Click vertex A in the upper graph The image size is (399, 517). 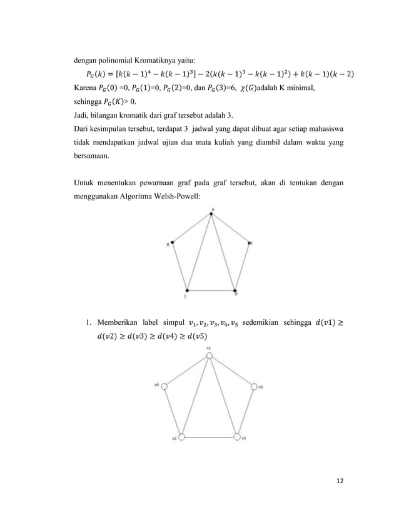212,214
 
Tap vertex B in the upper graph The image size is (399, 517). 173,243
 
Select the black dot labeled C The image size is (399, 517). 186,289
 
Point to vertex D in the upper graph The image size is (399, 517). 235,290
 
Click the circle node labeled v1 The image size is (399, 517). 210,356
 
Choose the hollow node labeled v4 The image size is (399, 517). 165,386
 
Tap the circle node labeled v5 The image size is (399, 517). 254,387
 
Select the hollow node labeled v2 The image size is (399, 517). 182,437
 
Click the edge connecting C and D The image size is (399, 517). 211,290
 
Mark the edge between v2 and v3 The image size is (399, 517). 210,437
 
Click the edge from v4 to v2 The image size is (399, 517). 173,411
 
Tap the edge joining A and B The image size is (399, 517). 193,228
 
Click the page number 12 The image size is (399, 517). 340,480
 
